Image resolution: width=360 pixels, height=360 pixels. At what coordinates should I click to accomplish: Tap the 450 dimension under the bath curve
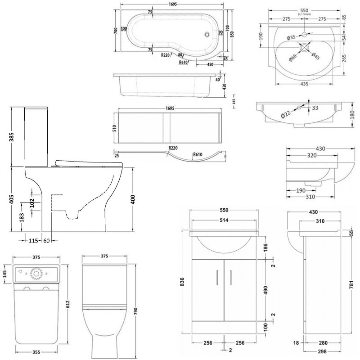coord(210,64)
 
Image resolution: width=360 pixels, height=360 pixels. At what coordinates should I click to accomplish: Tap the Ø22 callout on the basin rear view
coord(286,114)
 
